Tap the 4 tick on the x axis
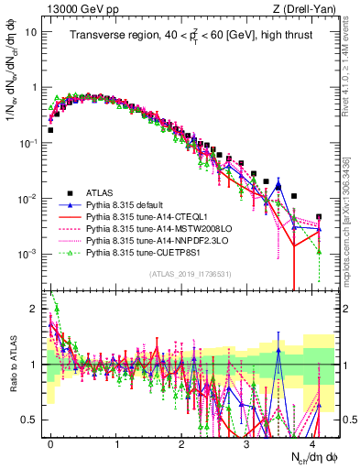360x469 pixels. pos(312,442)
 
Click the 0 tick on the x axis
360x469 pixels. pos(50,442)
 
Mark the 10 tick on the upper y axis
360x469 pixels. pos(31,31)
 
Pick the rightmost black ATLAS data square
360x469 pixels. pos(319,217)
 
